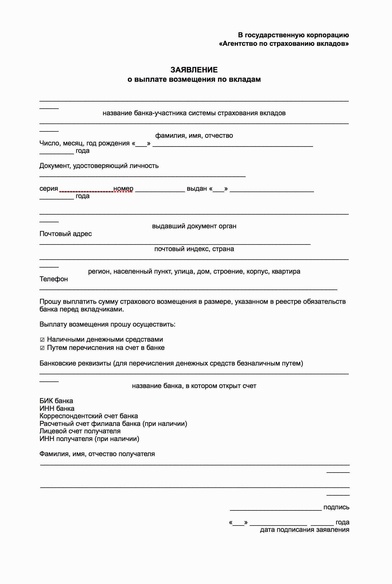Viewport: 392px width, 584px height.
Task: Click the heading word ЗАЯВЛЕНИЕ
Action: coord(194,70)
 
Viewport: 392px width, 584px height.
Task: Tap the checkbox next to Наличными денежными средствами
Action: coord(42,340)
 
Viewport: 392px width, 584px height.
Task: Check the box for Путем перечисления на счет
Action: coord(42,348)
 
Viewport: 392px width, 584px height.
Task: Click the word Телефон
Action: coord(54,279)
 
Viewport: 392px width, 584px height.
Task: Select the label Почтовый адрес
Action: coord(66,234)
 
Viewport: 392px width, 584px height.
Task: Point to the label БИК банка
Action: coord(56,401)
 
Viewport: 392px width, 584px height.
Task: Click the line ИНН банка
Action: coord(57,409)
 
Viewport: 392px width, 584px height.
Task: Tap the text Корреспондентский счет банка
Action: coord(89,416)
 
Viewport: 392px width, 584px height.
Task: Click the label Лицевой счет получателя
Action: coord(80,431)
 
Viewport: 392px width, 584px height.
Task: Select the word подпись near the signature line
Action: coord(336,507)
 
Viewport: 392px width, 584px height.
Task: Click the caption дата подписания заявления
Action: coord(304,530)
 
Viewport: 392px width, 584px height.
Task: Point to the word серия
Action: coord(49,189)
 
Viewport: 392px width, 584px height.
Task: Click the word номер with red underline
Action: coord(123,189)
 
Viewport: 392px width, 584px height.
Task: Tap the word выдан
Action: coord(197,189)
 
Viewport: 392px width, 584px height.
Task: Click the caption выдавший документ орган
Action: coord(194,226)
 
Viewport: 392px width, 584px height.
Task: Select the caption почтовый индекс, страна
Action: coord(194,249)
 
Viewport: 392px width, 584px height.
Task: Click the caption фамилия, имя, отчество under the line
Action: coord(194,136)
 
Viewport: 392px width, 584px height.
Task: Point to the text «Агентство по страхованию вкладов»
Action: coord(284,44)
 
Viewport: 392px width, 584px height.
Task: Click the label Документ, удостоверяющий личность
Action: coord(99,166)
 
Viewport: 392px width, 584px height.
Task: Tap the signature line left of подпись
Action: coord(276,509)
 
